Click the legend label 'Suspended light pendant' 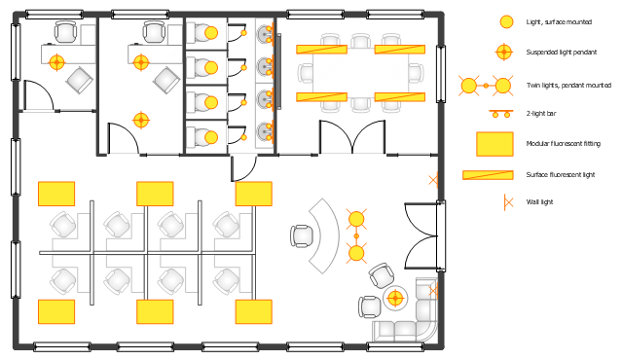562,52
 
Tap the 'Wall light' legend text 539,202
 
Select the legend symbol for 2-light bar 501,114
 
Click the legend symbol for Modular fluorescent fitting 495,144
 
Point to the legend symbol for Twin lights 486,86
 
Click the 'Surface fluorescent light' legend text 561,174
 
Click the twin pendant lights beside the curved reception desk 356,236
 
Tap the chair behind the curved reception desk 302,236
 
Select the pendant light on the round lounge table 395,298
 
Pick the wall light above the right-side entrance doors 433,181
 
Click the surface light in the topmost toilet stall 211,33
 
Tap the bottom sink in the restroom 264,131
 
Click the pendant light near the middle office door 141,121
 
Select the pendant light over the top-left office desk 56,62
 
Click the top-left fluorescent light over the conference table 322,50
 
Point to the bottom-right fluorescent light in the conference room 400,97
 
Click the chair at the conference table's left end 305,73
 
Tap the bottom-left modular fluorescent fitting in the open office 56,312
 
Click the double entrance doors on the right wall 421,236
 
